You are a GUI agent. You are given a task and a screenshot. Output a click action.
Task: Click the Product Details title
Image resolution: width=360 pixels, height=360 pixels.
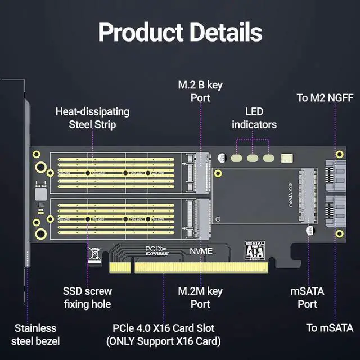(x=180, y=33)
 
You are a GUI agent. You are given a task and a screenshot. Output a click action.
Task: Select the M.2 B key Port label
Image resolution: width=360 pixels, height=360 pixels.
(x=200, y=91)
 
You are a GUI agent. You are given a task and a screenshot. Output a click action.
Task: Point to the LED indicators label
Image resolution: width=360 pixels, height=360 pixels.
(x=254, y=118)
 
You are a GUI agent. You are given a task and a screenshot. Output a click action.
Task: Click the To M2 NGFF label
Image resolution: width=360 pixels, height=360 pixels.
(x=325, y=98)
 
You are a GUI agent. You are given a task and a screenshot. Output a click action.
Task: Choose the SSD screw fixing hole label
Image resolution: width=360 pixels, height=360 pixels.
(x=87, y=298)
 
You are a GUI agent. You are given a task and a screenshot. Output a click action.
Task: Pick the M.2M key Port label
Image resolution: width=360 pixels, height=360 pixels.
(x=200, y=298)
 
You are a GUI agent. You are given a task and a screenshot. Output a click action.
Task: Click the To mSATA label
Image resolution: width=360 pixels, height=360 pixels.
(x=330, y=328)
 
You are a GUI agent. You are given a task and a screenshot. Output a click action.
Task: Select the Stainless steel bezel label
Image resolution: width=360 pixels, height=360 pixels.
(x=35, y=334)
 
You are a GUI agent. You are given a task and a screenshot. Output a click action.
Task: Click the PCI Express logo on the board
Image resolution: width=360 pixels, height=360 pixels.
(x=156, y=250)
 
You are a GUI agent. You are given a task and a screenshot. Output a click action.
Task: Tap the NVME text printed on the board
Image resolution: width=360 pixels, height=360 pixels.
(x=201, y=251)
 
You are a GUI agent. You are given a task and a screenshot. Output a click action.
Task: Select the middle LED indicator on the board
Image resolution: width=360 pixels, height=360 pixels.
(x=253, y=159)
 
